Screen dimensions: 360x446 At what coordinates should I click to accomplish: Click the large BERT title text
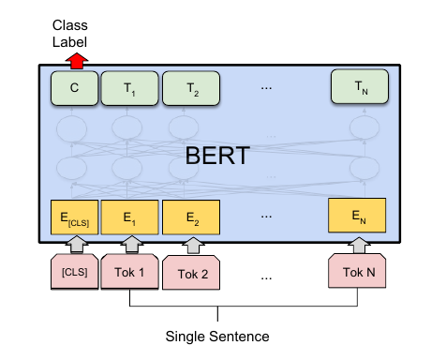click(216, 156)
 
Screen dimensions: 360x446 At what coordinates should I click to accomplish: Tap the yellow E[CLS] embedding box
click(74, 217)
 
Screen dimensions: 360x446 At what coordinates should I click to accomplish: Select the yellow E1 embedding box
click(126, 217)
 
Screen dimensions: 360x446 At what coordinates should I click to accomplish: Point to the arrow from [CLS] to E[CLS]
click(74, 244)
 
